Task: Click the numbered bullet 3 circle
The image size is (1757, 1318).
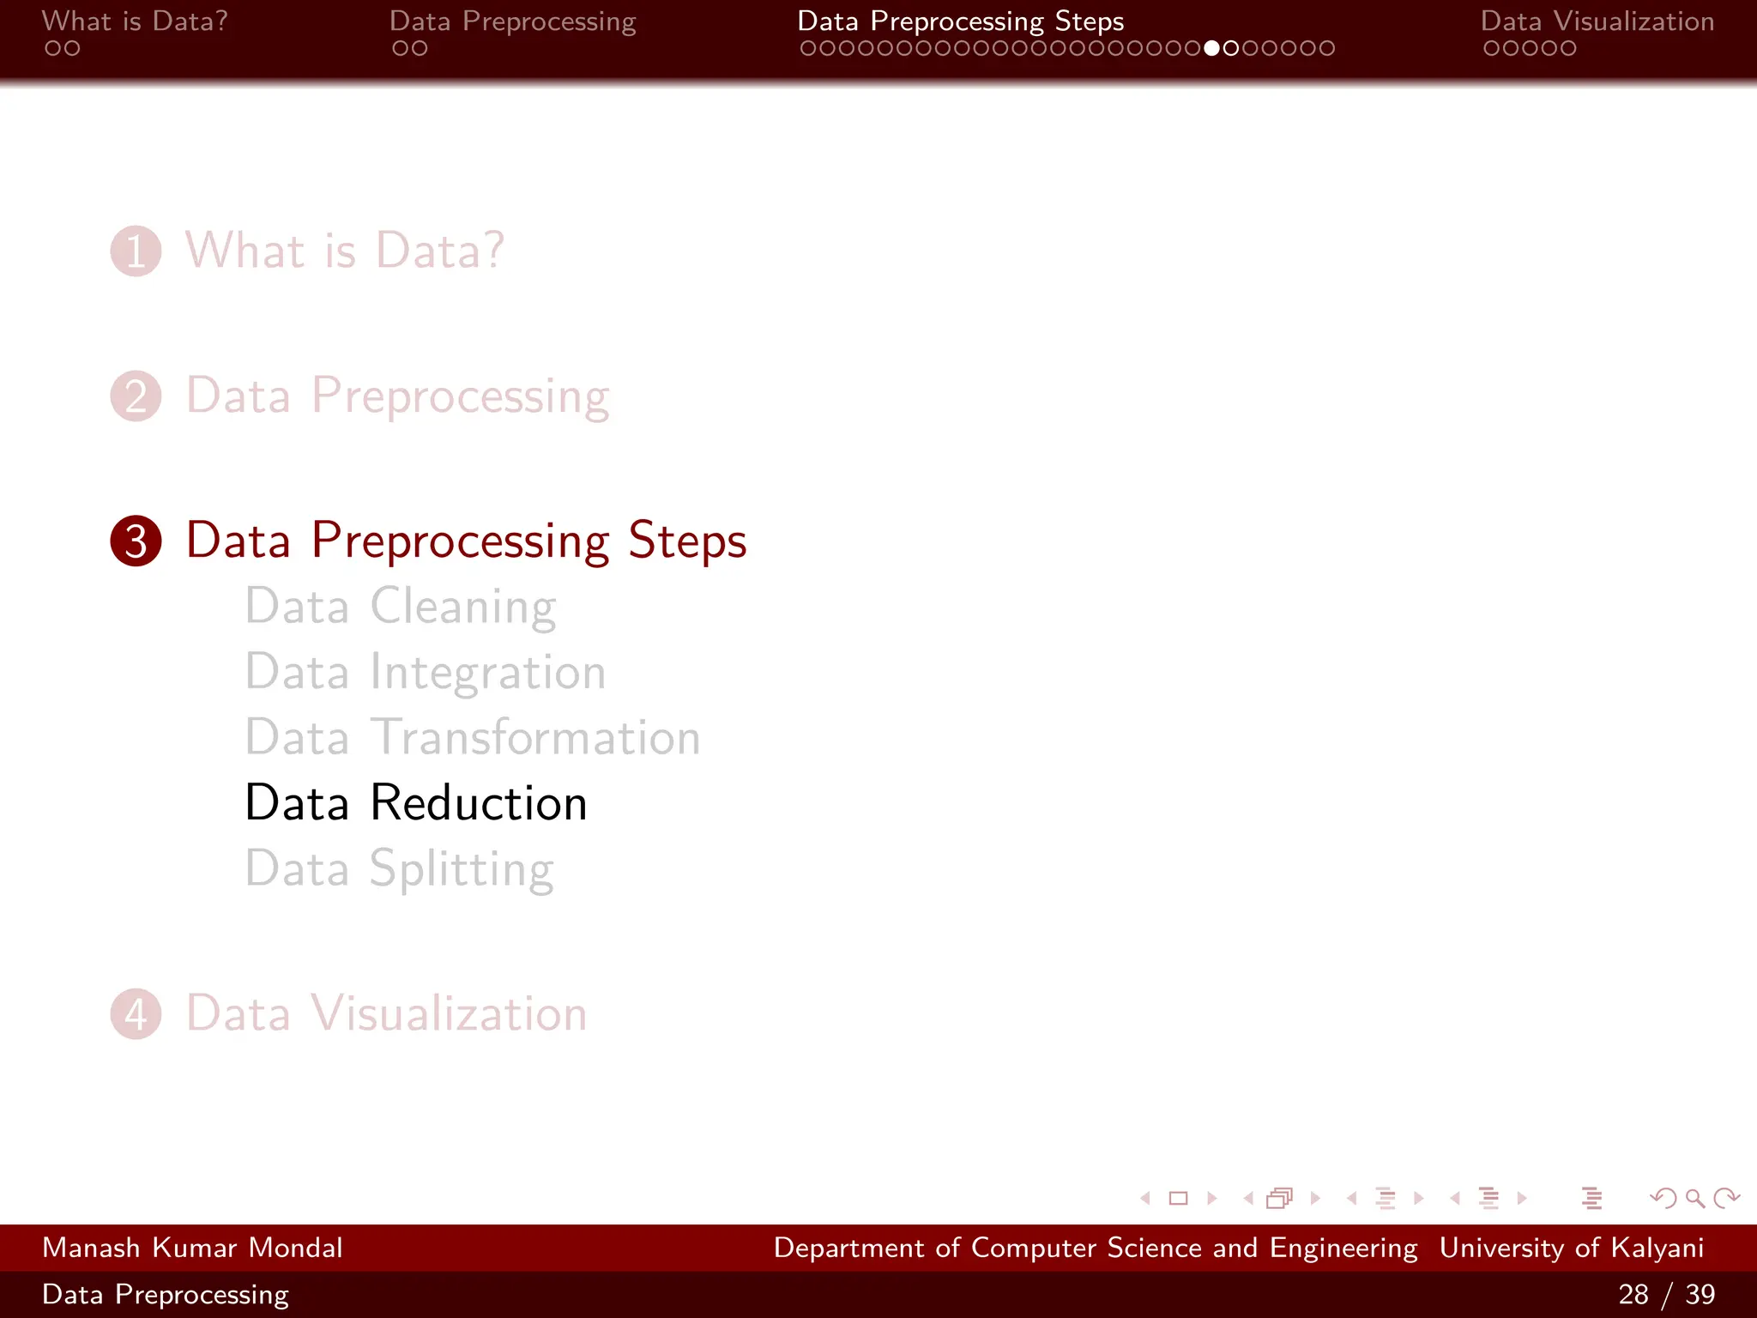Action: click(136, 541)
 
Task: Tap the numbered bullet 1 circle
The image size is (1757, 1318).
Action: click(136, 251)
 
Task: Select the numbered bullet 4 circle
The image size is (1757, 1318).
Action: click(136, 1014)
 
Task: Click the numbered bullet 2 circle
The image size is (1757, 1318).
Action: click(136, 396)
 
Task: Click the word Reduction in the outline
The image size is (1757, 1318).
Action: click(478, 803)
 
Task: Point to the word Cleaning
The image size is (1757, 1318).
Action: click(463, 608)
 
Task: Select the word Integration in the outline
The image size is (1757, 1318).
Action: click(488, 673)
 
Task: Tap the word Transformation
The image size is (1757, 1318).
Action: click(535, 738)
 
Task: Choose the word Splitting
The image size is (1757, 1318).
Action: click(462, 869)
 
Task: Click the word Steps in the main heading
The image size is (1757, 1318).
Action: click(687, 541)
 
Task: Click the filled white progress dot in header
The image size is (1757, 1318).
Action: click(1211, 49)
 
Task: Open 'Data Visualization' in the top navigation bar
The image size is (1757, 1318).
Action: click(1597, 21)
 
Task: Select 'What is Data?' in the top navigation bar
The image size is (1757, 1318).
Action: click(135, 21)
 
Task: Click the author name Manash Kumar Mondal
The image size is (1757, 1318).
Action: click(192, 1248)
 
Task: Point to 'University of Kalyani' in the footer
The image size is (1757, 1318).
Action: click(1571, 1248)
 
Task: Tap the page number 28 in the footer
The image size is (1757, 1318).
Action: click(1633, 1294)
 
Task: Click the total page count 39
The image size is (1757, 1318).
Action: click(1700, 1294)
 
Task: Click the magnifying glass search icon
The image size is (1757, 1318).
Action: click(1694, 1198)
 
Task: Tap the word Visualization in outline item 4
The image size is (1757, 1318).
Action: click(449, 1014)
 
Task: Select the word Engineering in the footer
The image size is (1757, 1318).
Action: click(1343, 1248)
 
